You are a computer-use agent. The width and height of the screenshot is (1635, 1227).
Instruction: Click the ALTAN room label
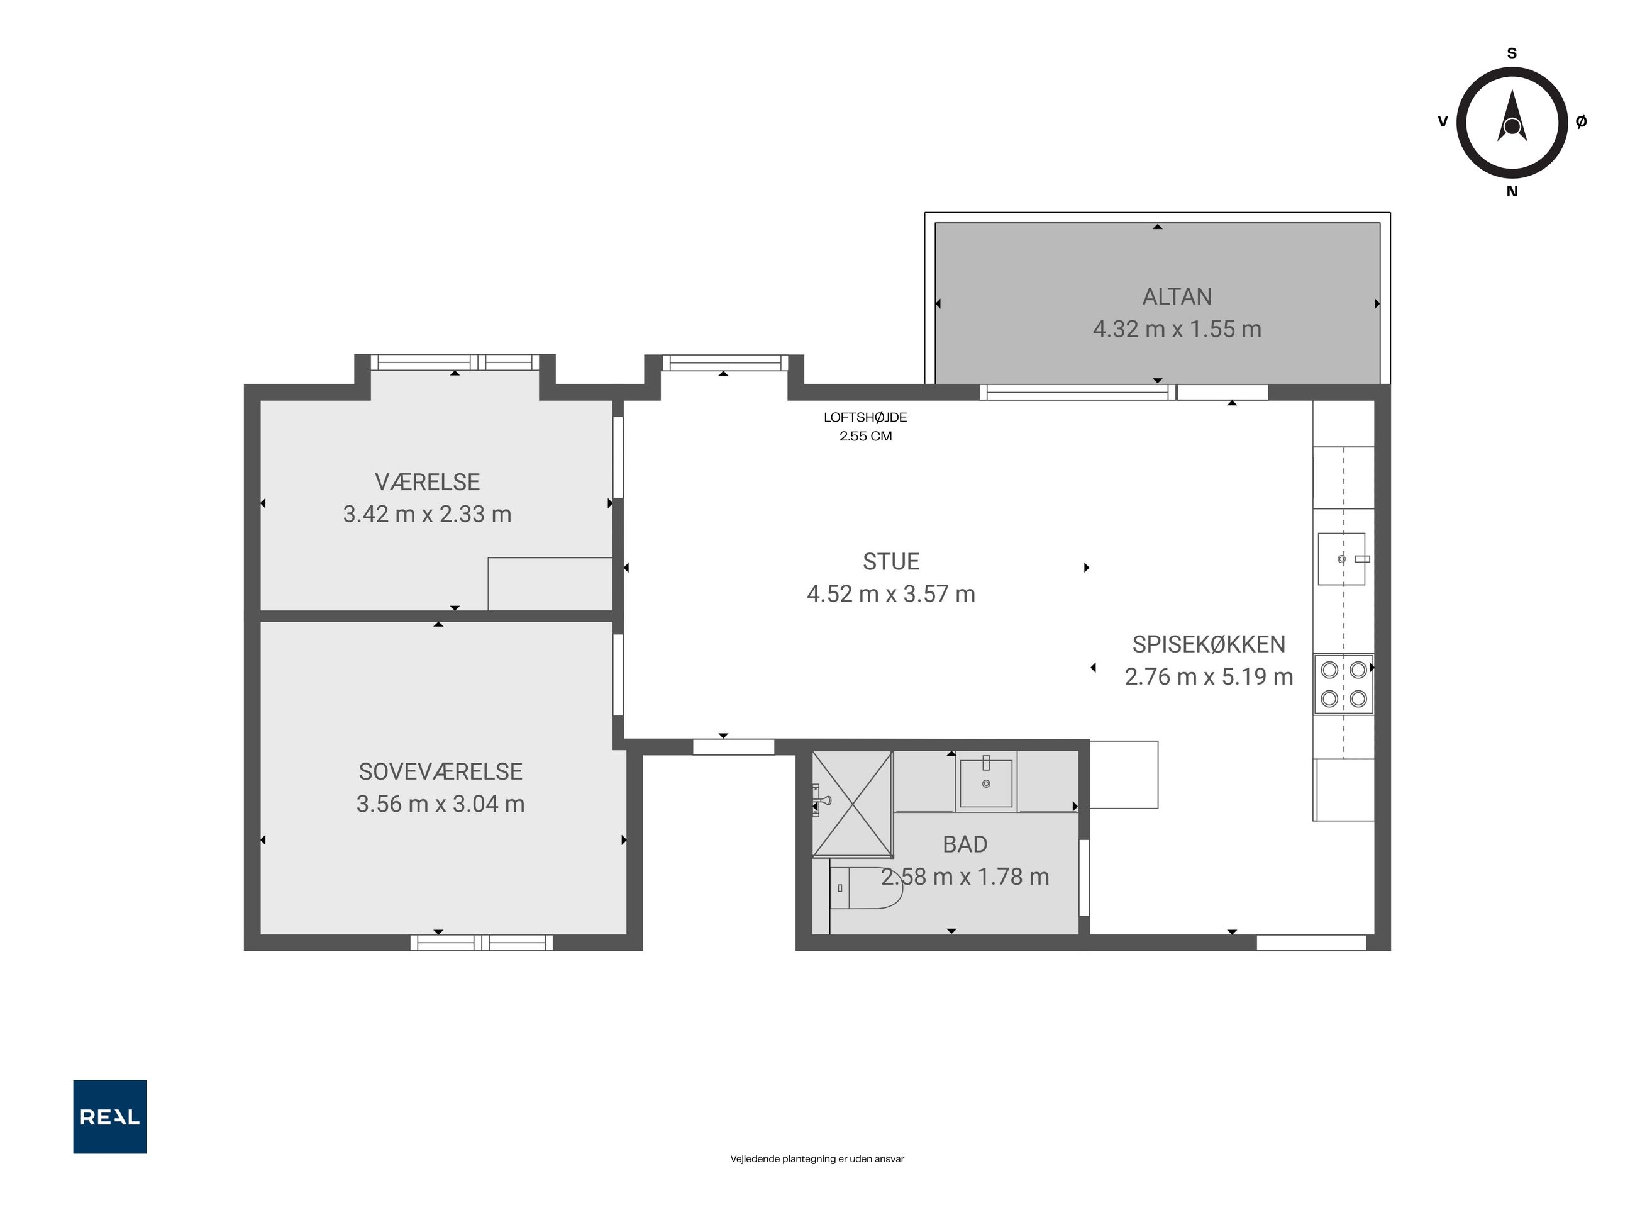1177,296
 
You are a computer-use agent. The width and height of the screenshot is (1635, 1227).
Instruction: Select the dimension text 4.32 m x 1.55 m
1177,329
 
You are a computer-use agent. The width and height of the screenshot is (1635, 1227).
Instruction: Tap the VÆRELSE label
427,482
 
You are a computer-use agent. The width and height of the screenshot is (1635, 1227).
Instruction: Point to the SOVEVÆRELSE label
441,771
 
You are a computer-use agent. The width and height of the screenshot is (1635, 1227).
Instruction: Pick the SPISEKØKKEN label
1209,644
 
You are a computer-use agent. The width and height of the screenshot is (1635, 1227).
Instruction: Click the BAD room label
965,844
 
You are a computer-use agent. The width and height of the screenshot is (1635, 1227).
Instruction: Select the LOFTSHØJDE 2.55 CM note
865,427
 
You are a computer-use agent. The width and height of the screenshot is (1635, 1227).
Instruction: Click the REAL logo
109,1117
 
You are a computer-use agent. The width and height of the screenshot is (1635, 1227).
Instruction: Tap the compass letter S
1512,53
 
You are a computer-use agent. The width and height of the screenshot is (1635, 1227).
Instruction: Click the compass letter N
1512,191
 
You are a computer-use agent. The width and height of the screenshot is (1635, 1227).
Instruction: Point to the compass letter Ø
1581,121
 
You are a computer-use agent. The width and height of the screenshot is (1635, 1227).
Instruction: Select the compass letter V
1442,121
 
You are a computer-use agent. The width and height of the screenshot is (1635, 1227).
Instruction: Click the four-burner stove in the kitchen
1343,684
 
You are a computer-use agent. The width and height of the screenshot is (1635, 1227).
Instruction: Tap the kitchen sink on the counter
1341,559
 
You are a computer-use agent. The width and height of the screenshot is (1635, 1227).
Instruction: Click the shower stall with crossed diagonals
852,804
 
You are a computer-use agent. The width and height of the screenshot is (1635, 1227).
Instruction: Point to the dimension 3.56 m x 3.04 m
441,804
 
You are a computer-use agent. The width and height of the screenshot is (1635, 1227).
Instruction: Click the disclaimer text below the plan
817,1159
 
